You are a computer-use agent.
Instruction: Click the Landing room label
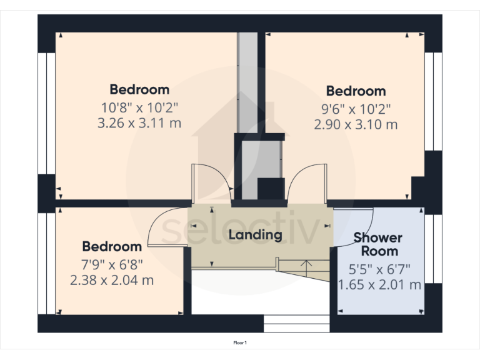255,235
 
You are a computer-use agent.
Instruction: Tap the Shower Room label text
378,244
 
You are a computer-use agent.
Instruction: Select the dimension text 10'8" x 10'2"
139,106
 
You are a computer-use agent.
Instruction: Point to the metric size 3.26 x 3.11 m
139,123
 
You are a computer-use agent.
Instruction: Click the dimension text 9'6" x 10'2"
356,107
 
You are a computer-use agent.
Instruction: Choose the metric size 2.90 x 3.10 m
356,124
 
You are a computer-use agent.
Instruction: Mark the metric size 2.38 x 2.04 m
112,280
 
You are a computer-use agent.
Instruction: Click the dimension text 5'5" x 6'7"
379,270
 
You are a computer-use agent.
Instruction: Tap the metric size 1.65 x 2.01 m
379,286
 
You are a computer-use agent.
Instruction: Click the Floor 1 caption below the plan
240,342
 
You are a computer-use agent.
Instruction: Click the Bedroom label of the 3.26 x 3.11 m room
139,89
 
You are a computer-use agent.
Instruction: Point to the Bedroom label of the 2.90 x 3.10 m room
356,91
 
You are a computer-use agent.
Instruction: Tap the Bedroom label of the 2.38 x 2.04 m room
112,246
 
